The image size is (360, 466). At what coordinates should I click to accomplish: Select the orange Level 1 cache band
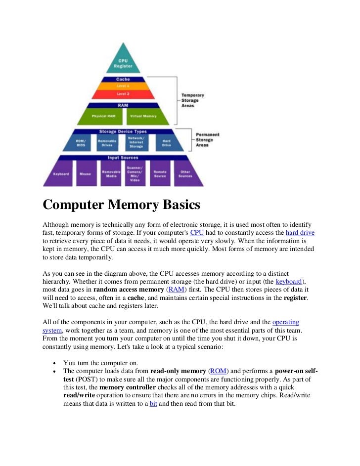(123, 86)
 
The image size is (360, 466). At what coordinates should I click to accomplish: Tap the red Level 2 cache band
(123, 93)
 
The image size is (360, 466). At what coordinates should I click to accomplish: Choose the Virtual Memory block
(143, 116)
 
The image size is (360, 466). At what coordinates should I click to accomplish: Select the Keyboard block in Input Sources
(60, 174)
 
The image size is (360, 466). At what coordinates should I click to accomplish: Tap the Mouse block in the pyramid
(86, 174)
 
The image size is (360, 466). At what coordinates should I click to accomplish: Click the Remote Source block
(160, 174)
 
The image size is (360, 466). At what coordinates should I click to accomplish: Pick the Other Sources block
(185, 174)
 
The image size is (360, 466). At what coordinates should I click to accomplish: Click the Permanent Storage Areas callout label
(208, 140)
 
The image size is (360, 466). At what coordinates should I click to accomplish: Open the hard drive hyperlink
(300, 232)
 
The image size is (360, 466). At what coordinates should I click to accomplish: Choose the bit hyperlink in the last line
(153, 403)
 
